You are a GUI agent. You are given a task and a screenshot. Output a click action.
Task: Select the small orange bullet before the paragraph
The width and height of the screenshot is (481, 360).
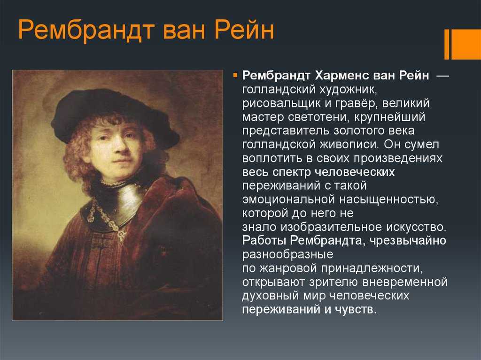click(x=236, y=76)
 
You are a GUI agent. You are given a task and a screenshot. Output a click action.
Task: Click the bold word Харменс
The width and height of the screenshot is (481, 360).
click(x=342, y=76)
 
